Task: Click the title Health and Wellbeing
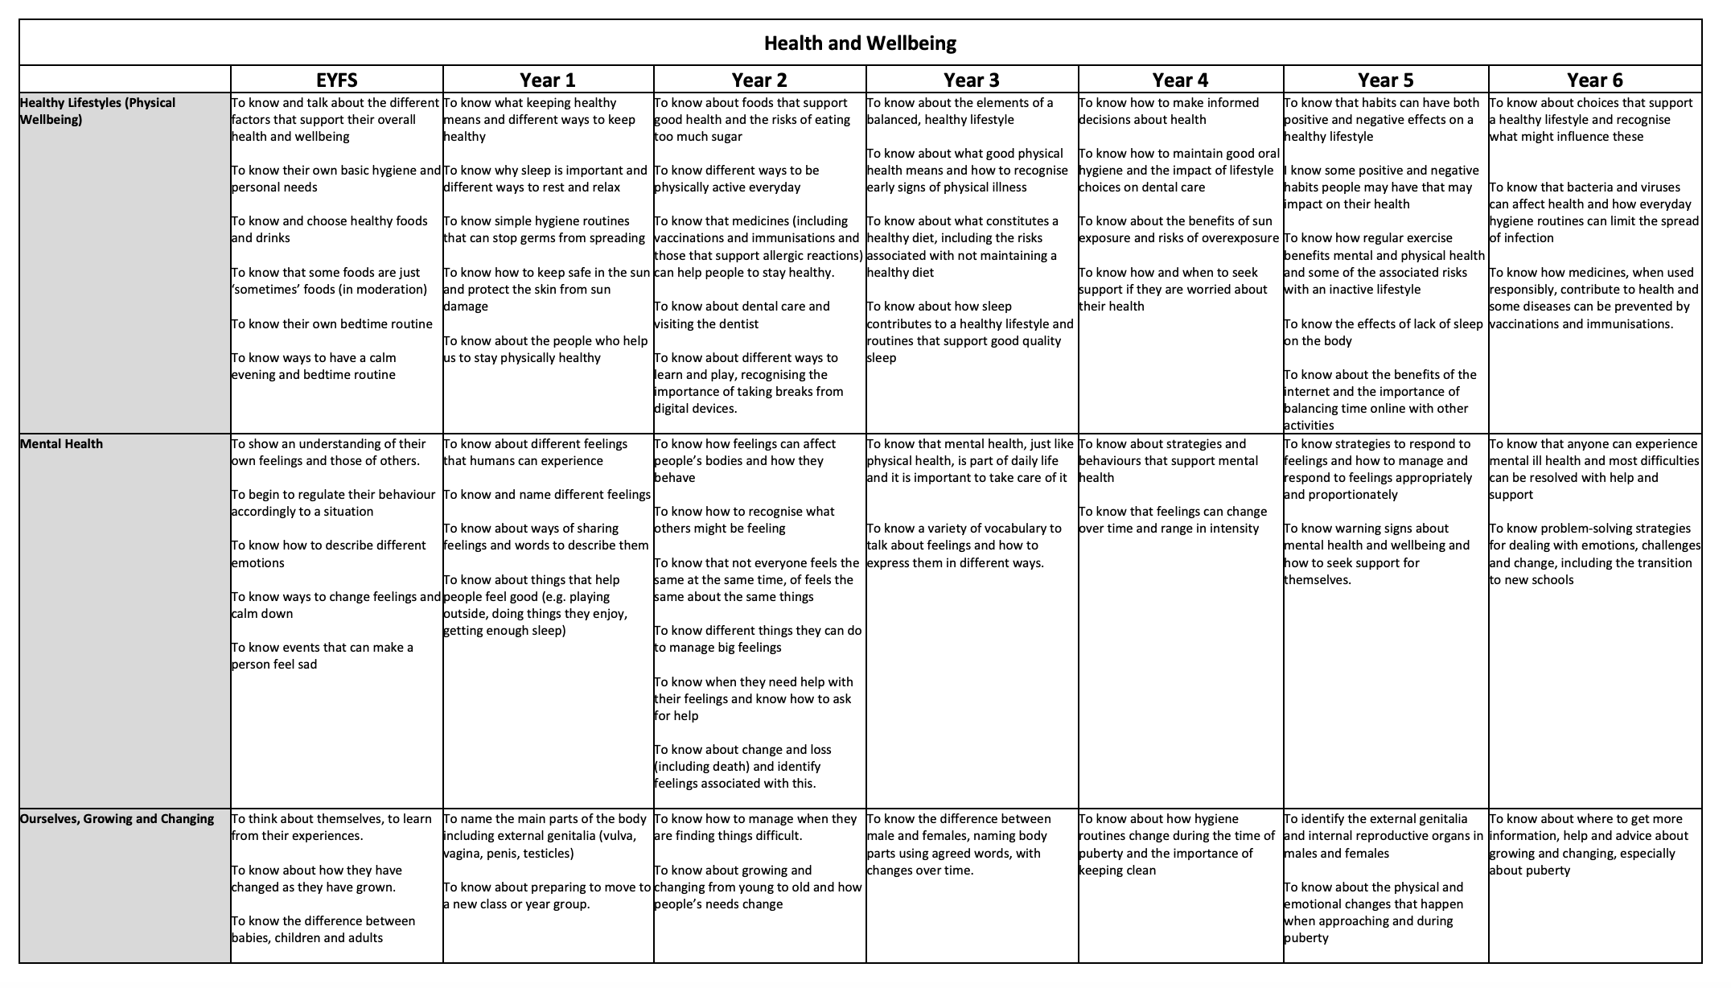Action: coord(860,43)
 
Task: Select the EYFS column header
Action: coord(336,80)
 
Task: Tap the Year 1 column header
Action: coord(548,80)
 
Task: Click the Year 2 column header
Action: coord(759,80)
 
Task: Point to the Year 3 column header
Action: coord(972,80)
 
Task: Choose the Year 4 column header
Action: coord(1180,80)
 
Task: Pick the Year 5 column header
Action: coord(1385,80)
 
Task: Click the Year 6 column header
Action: coord(1594,80)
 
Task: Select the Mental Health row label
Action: coord(61,444)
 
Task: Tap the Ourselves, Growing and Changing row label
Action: coord(117,819)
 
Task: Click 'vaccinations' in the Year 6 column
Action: coord(1526,324)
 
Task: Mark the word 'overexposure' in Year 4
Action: coord(1240,238)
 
